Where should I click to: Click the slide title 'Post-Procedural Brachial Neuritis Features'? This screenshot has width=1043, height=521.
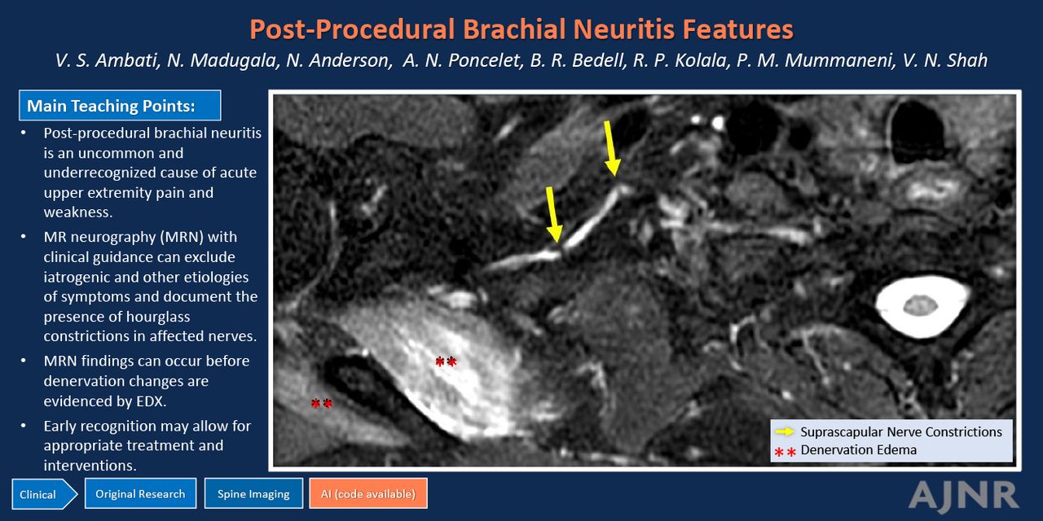click(521, 28)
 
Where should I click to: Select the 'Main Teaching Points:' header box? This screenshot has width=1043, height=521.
click(120, 106)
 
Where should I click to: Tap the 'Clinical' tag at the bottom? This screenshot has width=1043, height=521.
click(44, 494)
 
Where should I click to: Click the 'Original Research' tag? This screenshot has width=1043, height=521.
click(140, 493)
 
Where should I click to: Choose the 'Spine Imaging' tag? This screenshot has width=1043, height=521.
click(253, 493)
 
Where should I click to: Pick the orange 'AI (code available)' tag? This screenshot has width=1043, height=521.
click(367, 493)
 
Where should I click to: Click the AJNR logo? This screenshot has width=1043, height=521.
click(963, 496)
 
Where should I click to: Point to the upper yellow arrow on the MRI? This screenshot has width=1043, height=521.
click(611, 148)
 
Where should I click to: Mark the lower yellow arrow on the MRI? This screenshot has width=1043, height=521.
click(553, 214)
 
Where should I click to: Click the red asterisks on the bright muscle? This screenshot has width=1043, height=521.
click(446, 361)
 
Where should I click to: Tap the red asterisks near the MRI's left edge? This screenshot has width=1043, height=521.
click(321, 403)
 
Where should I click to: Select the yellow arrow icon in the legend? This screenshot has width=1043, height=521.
click(785, 431)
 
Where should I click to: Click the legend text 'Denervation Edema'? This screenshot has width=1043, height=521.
click(859, 450)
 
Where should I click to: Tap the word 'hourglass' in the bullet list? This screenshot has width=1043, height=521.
click(151, 317)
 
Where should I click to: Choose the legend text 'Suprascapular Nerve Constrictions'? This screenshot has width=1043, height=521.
click(901, 432)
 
